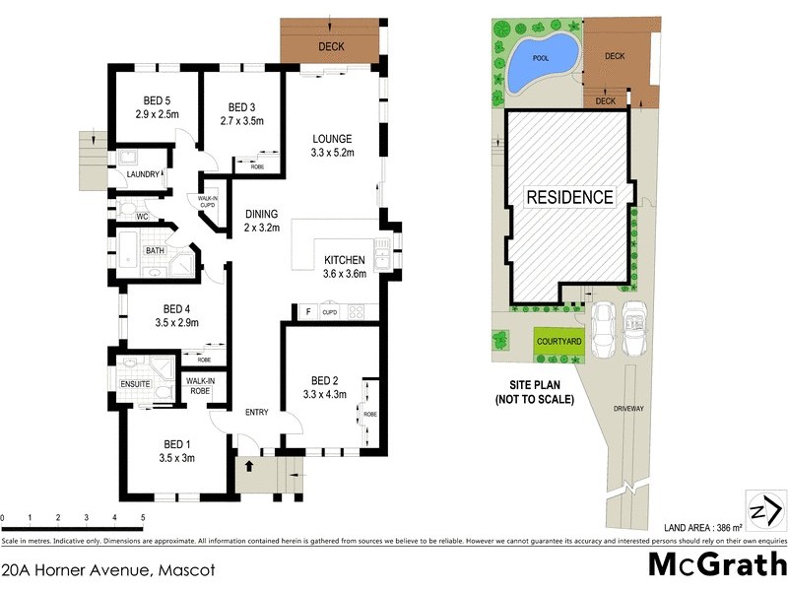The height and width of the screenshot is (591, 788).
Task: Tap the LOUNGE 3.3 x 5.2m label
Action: point(332,145)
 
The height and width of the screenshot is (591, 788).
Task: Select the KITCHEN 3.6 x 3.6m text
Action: point(345,267)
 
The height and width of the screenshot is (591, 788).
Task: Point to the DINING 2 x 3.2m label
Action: point(262,221)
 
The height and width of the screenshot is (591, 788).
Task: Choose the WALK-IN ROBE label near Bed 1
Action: point(200,384)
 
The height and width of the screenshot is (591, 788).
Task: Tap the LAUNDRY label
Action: point(143,175)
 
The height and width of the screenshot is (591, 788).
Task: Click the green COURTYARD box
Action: point(558,341)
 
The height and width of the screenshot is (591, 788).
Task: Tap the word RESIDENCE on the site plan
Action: point(569,196)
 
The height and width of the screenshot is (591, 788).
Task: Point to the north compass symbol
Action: point(765,511)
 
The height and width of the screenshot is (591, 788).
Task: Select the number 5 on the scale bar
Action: point(143,517)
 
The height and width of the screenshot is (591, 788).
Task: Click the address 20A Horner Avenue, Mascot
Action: point(108,569)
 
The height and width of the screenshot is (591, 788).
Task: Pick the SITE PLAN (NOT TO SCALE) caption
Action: point(534,394)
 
